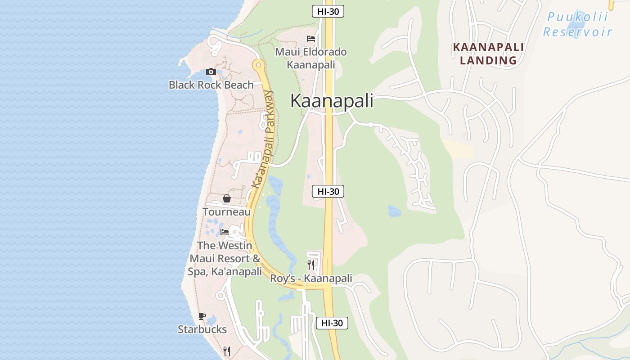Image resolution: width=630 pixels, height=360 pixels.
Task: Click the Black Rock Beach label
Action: pos(211,85)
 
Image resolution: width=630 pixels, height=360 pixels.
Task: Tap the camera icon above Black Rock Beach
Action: pos(211,72)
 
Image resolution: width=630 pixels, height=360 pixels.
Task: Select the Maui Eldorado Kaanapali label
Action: pos(311,58)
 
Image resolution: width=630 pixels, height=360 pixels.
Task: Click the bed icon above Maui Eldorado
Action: pos(311,39)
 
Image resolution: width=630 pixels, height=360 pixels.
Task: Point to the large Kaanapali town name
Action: pos(332,101)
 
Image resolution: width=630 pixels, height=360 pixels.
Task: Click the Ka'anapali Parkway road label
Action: pos(263,139)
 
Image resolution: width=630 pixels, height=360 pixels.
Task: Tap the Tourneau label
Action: pos(226,211)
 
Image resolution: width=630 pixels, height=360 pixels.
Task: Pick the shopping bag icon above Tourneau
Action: pos(226,198)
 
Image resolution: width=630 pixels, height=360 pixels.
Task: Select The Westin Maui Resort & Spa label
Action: pos(225,259)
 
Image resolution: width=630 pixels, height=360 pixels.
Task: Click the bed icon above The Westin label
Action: pos(225,232)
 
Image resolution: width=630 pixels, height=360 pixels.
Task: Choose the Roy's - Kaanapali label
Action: pos(311,279)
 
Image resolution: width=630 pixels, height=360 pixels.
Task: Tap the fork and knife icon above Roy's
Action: pos(311,265)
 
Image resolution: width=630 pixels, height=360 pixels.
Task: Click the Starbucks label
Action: pos(202,329)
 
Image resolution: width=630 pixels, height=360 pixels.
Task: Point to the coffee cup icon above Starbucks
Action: pos(202,316)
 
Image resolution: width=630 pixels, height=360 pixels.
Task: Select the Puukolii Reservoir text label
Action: pos(577,25)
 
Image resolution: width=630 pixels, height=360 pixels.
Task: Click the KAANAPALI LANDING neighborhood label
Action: pos(488,54)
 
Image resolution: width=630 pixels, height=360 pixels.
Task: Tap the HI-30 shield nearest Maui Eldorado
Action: pos(328,12)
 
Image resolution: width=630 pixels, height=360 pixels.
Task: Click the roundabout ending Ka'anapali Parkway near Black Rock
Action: pos(258,66)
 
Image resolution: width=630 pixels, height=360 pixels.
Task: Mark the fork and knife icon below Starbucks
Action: pos(227,351)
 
